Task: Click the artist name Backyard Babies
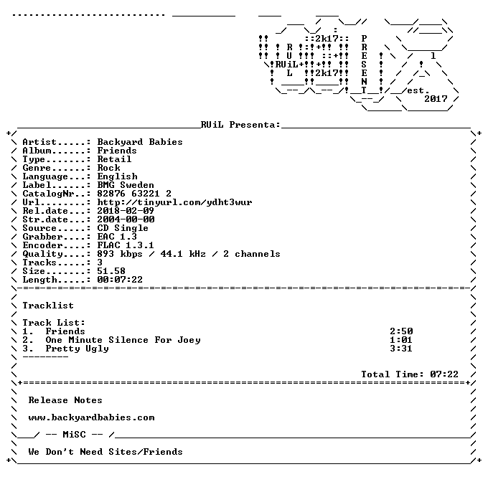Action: point(140,142)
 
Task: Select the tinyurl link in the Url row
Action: point(174,202)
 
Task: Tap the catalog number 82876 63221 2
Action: point(134,194)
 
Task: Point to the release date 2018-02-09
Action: point(126,211)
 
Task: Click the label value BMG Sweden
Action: point(126,185)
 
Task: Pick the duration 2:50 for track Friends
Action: point(401,331)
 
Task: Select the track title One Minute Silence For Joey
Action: point(123,340)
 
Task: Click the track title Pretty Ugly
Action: point(78,349)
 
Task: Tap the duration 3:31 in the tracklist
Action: point(401,349)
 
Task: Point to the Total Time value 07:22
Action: point(444,374)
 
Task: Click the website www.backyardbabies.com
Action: point(92,417)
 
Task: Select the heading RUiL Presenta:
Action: point(240,125)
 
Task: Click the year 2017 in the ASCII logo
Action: point(436,99)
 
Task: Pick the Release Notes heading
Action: point(65,400)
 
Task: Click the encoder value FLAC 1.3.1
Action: point(126,245)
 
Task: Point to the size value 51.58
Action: point(111,271)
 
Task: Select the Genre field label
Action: point(37,168)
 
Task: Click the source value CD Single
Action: point(123,228)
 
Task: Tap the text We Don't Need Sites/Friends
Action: point(105,452)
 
